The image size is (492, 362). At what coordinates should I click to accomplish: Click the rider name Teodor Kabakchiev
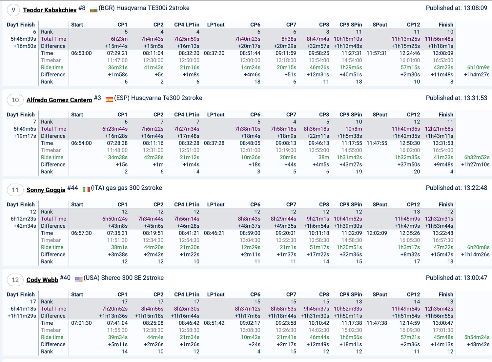pyautogui.click(x=50, y=10)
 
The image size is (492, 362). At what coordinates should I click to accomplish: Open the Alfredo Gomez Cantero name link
pyautogui.click(x=59, y=100)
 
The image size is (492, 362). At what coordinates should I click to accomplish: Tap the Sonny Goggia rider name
pyautogui.click(x=46, y=190)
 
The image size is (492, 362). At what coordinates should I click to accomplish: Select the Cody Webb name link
pyautogui.click(x=42, y=280)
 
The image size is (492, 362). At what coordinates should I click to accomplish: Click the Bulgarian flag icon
pyautogui.click(x=94, y=10)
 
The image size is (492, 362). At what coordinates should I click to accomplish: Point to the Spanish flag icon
pyautogui.click(x=109, y=100)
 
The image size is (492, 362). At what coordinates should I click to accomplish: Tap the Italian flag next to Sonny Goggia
pyautogui.click(x=86, y=190)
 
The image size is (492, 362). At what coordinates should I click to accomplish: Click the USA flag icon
pyautogui.click(x=79, y=279)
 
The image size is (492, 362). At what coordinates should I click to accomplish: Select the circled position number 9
pyautogui.click(x=13, y=10)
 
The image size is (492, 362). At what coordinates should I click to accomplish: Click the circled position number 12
pyautogui.click(x=15, y=280)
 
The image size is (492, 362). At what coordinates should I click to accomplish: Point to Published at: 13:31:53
pyautogui.click(x=456, y=98)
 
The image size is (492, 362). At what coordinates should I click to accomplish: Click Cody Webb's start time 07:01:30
pyautogui.click(x=81, y=323)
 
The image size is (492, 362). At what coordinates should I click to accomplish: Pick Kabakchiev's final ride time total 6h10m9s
pyautogui.click(x=478, y=67)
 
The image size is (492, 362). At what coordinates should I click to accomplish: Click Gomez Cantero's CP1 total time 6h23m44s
pyautogui.click(x=115, y=129)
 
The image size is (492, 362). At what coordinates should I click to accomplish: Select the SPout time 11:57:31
pyautogui.click(x=377, y=53)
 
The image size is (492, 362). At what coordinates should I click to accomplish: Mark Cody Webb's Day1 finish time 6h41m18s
pyautogui.click(x=23, y=309)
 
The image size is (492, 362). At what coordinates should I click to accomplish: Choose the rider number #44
pyautogui.click(x=72, y=188)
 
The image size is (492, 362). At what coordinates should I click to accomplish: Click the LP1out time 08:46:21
pyautogui.click(x=214, y=233)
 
